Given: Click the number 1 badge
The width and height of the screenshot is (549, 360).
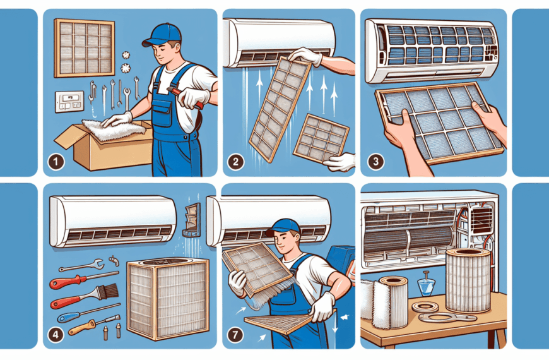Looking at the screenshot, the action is click(56, 162).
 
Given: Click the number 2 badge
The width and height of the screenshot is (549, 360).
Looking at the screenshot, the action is click(235, 162).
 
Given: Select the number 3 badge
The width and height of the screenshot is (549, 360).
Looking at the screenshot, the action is click(375, 162).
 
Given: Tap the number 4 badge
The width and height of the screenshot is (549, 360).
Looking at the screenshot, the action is click(56, 334).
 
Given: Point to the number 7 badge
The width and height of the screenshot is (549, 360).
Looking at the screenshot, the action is click(235, 335).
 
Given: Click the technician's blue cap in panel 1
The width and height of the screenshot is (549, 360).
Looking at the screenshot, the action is click(162, 34).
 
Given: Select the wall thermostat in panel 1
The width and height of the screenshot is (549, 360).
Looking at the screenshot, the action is click(69, 102).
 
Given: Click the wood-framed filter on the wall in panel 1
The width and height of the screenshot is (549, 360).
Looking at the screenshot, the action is click(85, 48).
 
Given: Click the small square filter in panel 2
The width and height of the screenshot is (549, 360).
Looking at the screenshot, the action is click(321, 138).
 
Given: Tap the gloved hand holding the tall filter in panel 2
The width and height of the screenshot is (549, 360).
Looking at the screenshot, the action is click(305, 56).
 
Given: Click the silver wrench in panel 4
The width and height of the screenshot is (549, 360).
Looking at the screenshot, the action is click(81, 265).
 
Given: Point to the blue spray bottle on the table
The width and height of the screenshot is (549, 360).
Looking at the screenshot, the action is click(427, 286).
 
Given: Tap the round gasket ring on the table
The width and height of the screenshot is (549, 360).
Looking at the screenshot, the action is click(425, 307).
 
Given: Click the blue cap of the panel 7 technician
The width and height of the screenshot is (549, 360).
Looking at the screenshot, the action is click(283, 227).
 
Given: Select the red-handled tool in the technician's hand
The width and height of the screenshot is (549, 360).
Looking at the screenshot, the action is click(185, 97).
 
